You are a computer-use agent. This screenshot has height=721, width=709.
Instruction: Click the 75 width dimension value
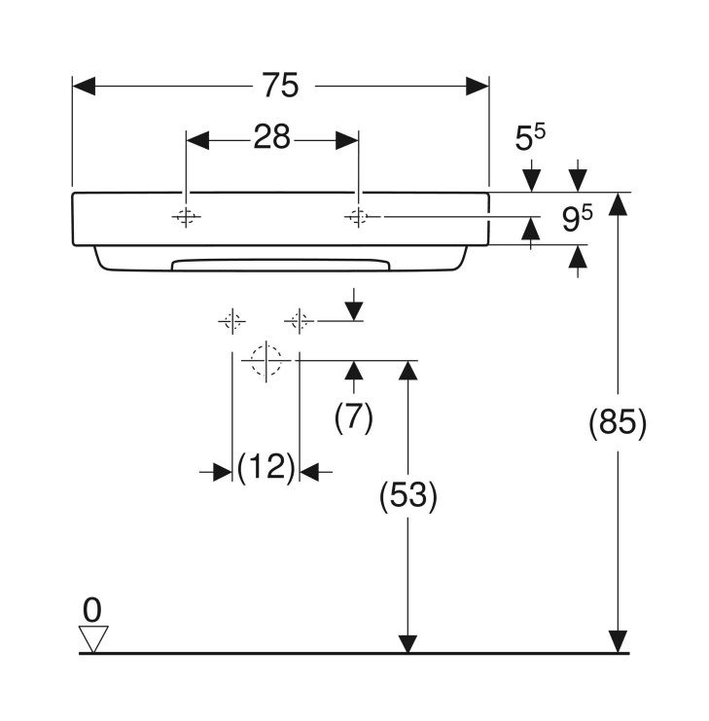point(280,85)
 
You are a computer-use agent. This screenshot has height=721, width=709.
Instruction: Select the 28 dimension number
point(271,136)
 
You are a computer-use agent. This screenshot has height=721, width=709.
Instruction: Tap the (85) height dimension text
point(618,422)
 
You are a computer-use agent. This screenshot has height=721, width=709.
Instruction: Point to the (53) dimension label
point(408,496)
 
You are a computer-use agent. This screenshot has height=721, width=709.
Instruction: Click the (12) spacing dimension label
point(266,467)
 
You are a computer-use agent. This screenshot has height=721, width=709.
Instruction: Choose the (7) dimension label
point(353,417)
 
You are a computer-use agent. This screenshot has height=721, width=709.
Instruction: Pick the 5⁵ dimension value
point(530,137)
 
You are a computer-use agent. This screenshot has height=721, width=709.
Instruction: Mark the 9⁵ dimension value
point(577,218)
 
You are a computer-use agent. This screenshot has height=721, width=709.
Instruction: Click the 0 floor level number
point(91,610)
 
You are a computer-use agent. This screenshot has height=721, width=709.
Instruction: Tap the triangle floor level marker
point(93,638)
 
